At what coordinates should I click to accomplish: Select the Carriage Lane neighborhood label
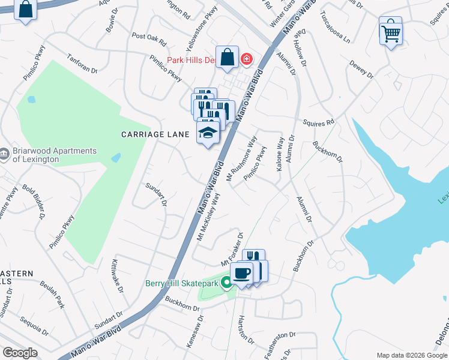155,134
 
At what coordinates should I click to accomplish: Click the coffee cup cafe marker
241,274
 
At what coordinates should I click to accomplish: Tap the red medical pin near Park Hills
246,59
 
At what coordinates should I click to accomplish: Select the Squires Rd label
318,123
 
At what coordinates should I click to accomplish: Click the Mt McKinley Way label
209,216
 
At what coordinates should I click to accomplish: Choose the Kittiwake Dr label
117,275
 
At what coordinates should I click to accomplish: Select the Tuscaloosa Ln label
334,27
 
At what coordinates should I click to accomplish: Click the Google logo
20,353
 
